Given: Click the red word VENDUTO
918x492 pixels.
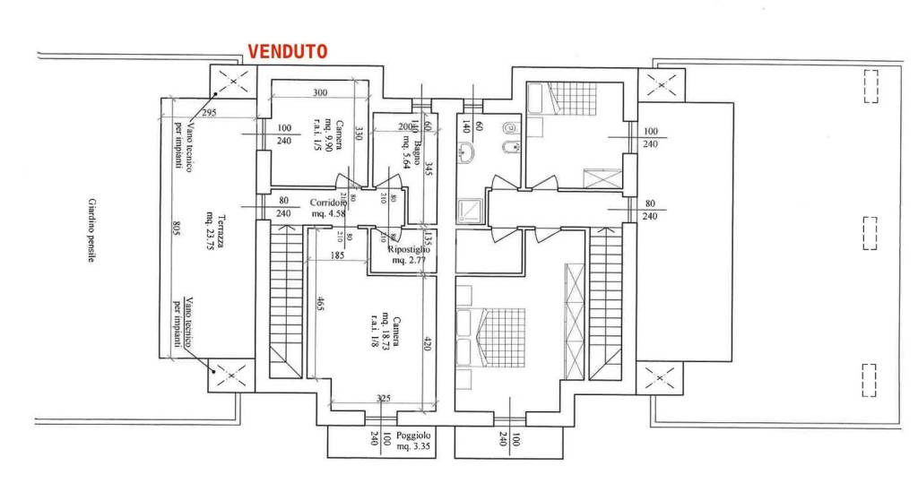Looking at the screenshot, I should [287, 51].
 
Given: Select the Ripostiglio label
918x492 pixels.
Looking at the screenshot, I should [410, 255].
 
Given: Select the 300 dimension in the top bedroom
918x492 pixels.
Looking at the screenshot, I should [319, 93].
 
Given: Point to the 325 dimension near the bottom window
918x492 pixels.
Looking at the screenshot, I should [383, 398].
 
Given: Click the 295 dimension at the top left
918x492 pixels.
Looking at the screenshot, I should [209, 113].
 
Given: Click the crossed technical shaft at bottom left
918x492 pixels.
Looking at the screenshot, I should [228, 374].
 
